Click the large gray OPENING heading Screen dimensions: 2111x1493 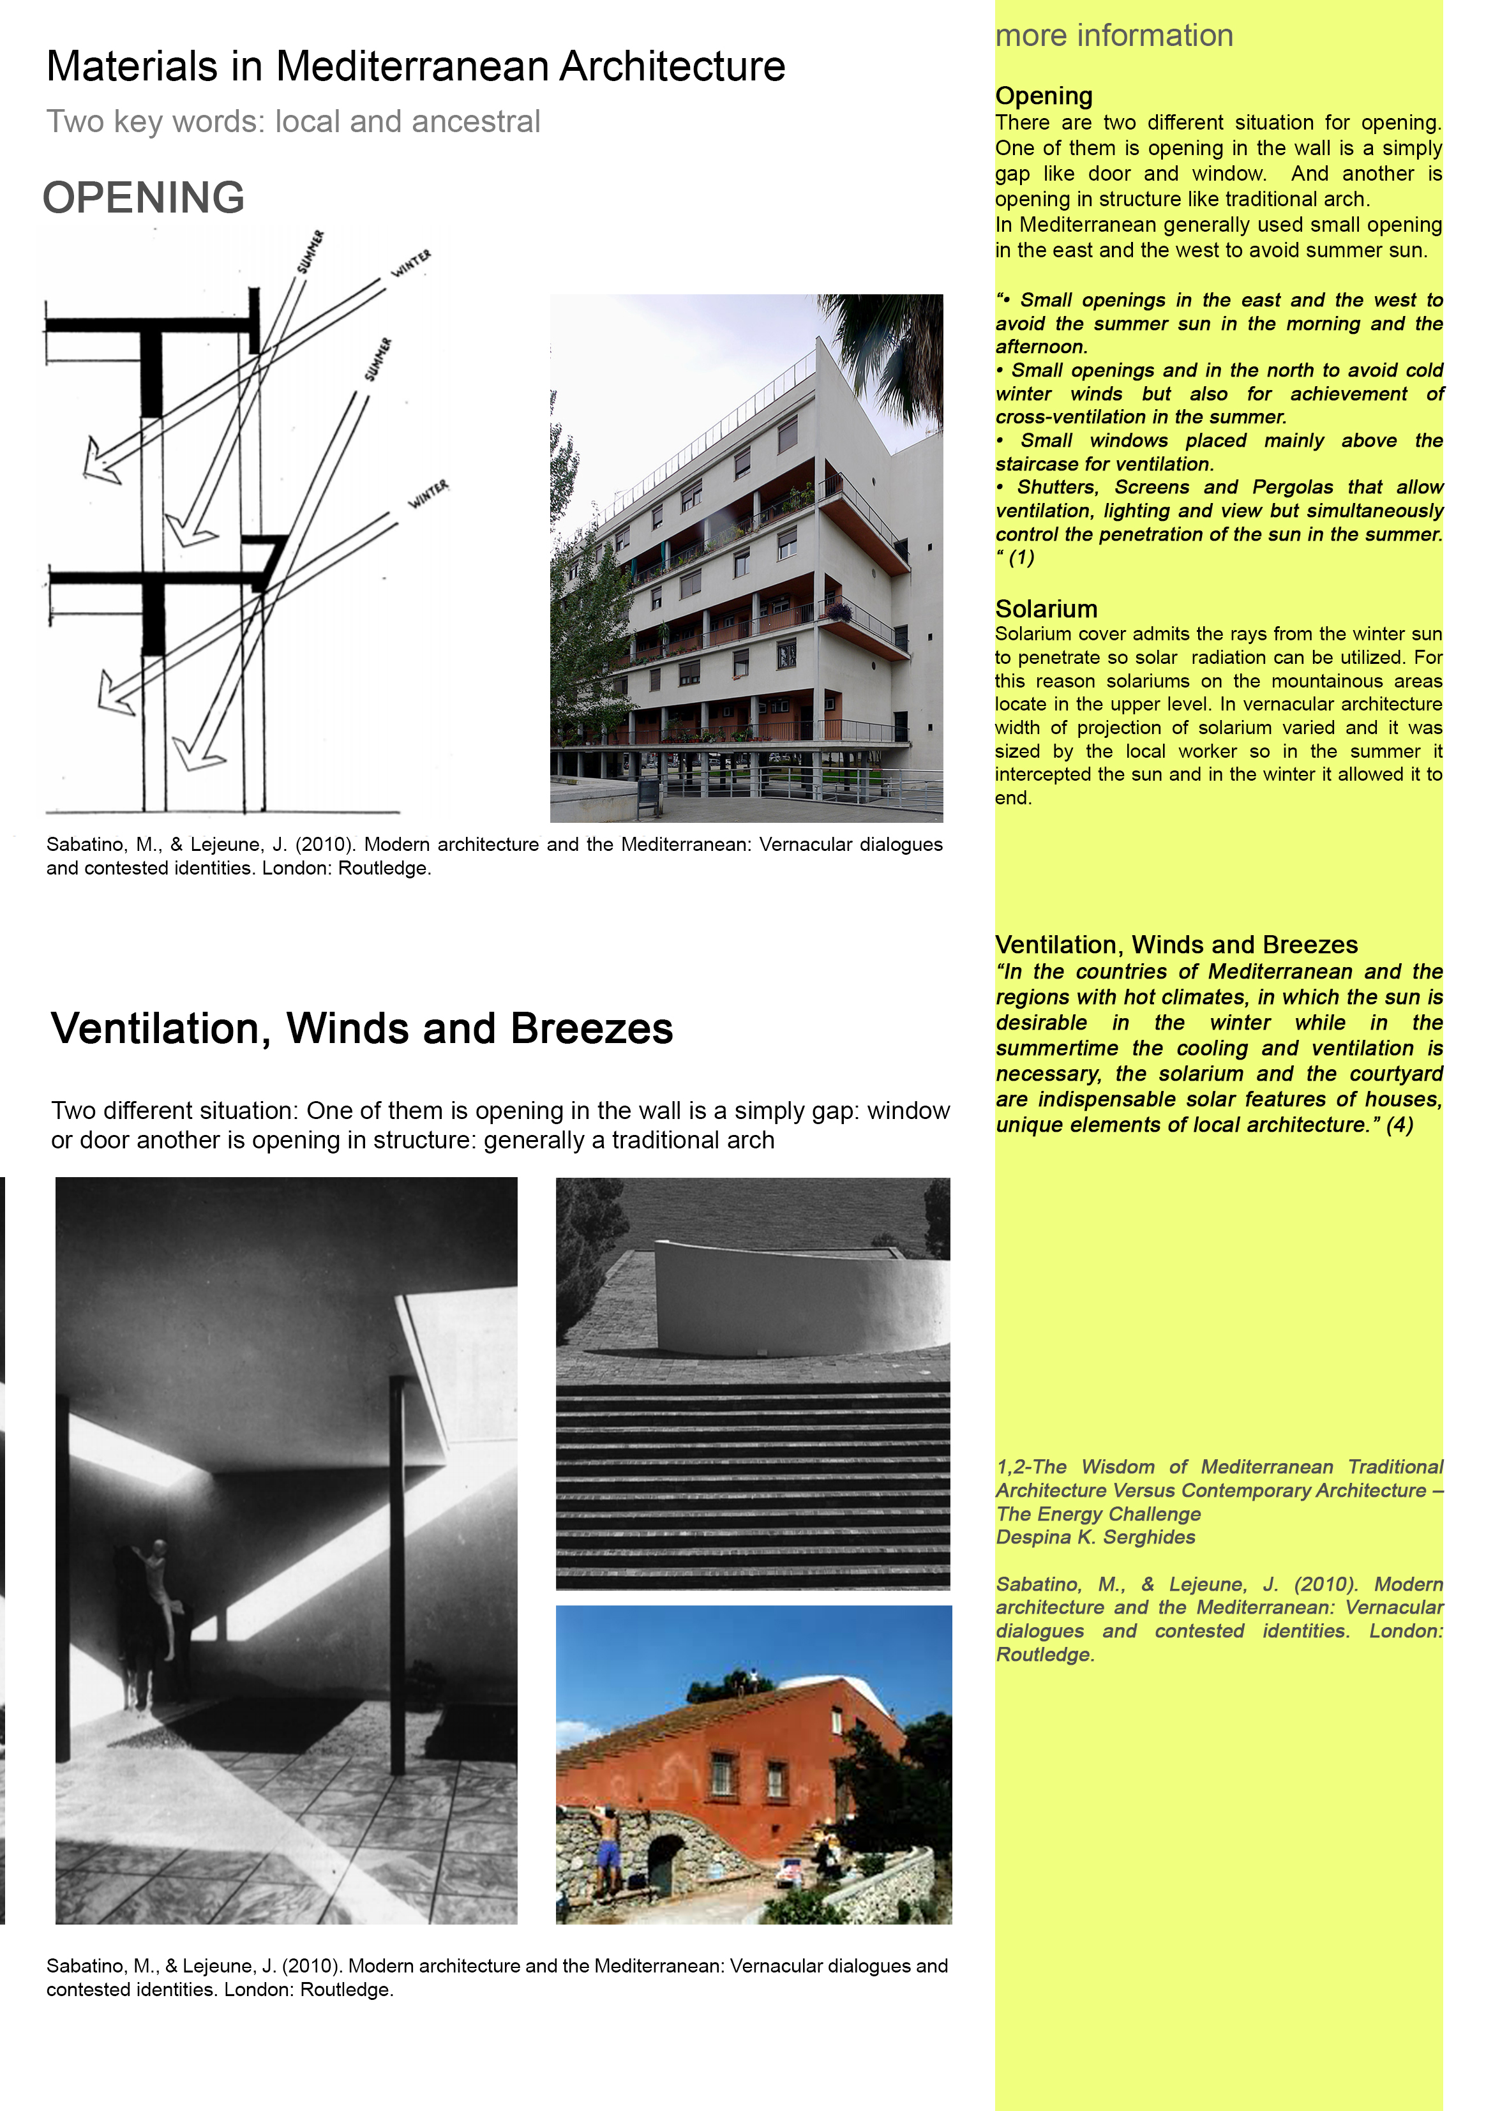144,198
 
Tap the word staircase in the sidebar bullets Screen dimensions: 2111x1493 1035,464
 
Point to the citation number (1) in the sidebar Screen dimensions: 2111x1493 1021,558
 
